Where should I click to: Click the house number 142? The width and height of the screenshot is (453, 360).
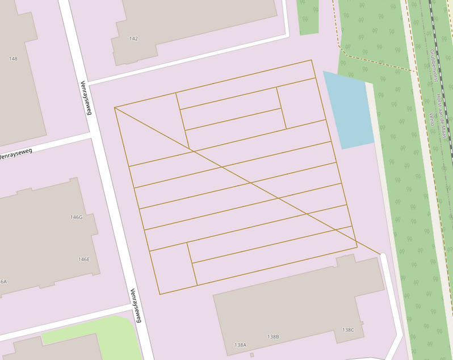[x=133, y=39]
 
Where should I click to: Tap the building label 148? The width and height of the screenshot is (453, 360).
[x=14, y=58]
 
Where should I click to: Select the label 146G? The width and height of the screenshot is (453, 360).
[x=76, y=217]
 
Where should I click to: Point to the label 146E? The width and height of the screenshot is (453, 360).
[x=84, y=259]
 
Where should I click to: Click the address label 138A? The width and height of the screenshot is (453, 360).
[x=241, y=345]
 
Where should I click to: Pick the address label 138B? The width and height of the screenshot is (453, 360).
[x=273, y=337]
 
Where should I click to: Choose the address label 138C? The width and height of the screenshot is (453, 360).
[x=348, y=330]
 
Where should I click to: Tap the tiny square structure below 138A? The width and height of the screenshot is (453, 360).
[x=251, y=355]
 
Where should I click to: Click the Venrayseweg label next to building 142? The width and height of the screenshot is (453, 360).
[x=86, y=97]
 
